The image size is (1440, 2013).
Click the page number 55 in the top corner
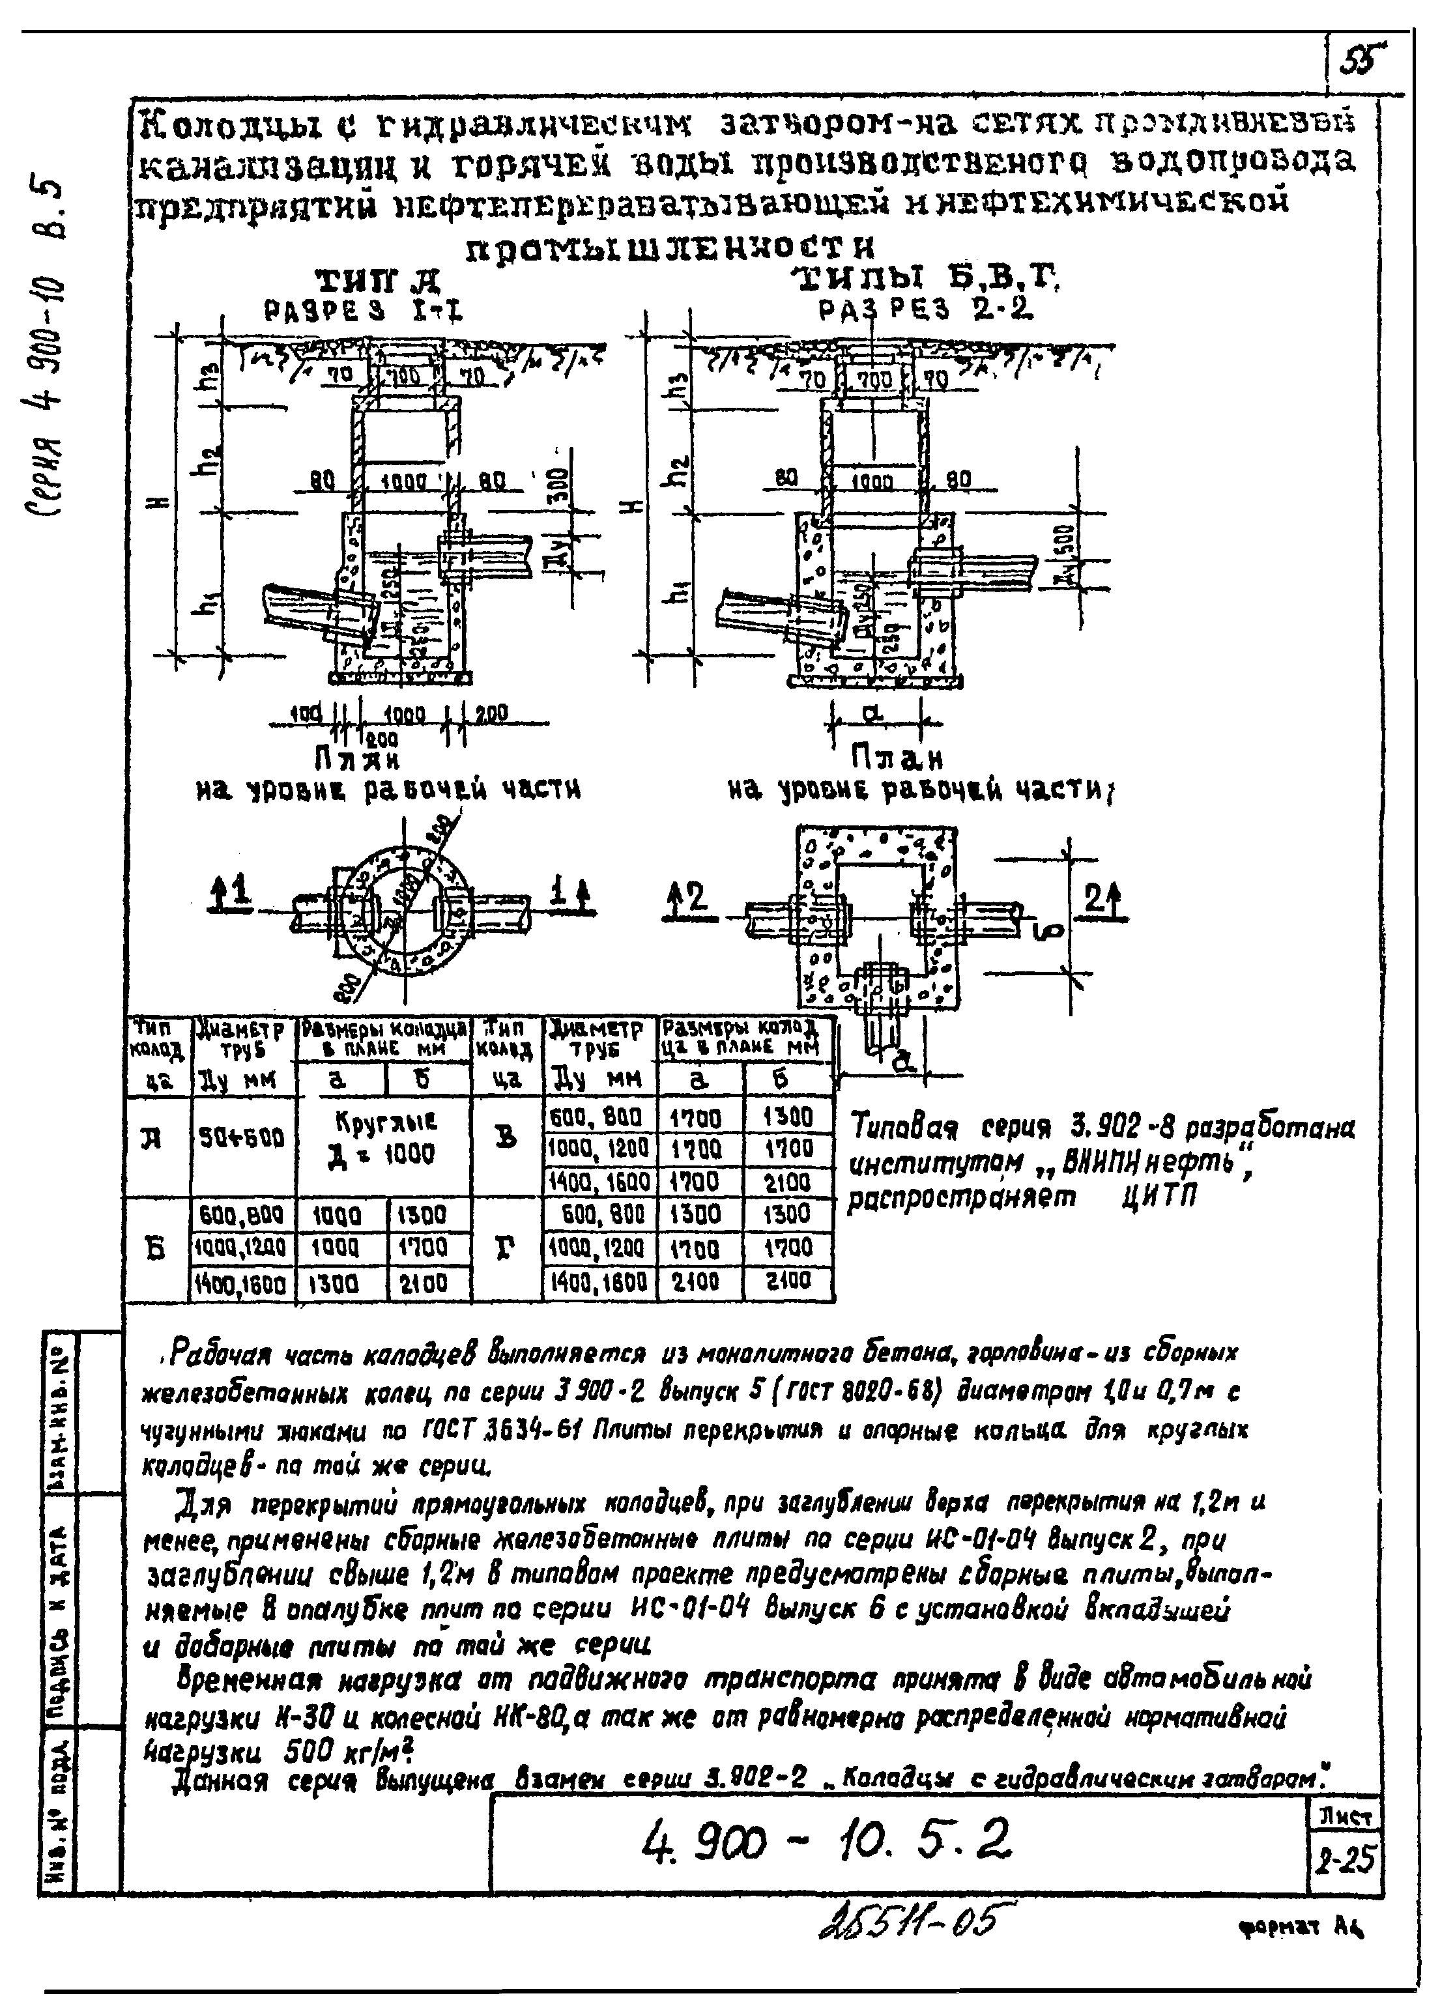(1363, 61)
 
